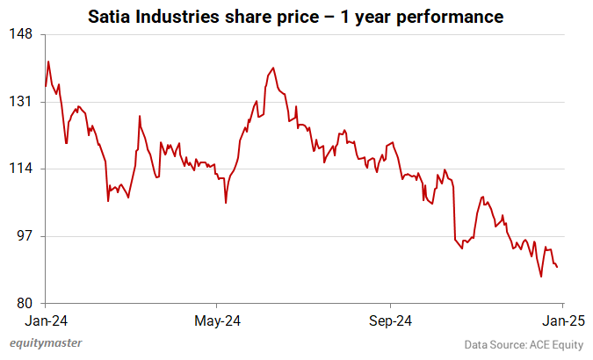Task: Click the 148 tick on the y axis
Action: tap(21, 34)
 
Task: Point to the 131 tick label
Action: tap(21, 102)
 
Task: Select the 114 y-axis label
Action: tap(21, 169)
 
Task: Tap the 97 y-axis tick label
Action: tap(24, 236)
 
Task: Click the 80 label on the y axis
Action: tap(24, 303)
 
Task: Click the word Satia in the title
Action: tap(107, 16)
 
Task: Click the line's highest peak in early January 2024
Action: tap(48, 61)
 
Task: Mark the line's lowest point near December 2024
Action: tap(541, 277)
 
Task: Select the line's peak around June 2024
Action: tap(274, 68)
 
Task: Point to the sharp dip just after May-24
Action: tap(226, 203)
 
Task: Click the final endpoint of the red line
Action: tap(557, 267)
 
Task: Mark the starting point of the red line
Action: tap(45, 86)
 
